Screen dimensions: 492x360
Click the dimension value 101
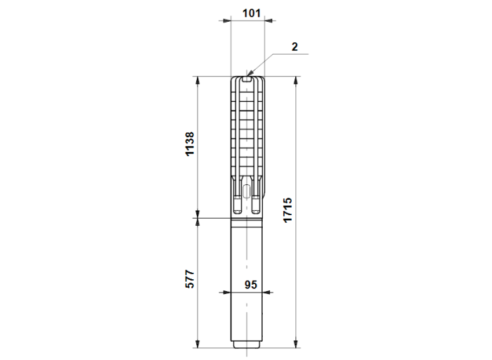click(x=252, y=13)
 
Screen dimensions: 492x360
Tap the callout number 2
click(x=294, y=47)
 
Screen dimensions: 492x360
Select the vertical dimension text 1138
click(x=190, y=143)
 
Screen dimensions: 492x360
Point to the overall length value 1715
click(x=287, y=210)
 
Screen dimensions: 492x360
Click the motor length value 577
click(x=190, y=278)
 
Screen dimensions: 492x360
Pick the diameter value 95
click(x=251, y=285)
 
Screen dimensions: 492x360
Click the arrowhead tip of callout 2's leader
click(x=247, y=76)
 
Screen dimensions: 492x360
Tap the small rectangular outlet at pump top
click(x=247, y=79)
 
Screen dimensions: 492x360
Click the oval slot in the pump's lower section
click(x=247, y=191)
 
